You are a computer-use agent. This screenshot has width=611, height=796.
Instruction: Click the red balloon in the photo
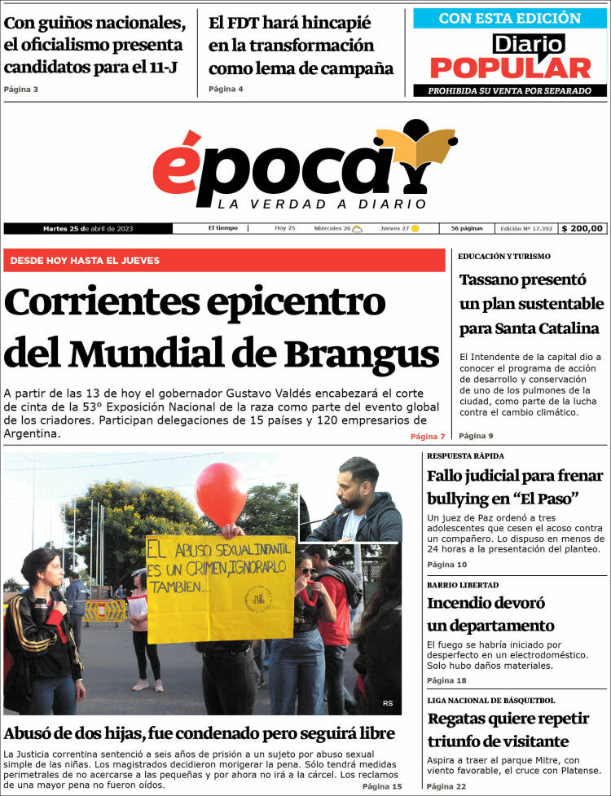click(221, 493)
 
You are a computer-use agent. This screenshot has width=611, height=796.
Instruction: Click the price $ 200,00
click(583, 229)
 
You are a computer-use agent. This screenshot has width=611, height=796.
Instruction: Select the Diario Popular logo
click(510, 57)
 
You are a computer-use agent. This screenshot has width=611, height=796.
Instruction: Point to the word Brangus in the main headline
click(362, 354)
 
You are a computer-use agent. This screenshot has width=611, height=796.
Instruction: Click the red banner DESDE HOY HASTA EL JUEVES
click(224, 260)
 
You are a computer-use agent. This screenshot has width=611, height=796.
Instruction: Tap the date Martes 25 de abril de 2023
click(88, 229)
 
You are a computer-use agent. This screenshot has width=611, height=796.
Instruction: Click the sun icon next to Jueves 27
click(415, 229)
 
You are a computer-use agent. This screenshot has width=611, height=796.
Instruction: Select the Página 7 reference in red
click(428, 438)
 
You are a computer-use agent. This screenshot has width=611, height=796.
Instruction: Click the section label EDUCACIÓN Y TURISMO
click(503, 257)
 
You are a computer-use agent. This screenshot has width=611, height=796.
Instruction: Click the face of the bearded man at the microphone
click(358, 483)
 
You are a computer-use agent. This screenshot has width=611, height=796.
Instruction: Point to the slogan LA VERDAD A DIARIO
click(322, 204)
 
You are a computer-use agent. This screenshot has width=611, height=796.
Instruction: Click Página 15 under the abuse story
click(382, 786)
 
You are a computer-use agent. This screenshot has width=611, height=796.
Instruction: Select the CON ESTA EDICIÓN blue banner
click(510, 18)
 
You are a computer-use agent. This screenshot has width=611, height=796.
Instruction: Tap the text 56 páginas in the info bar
click(467, 229)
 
